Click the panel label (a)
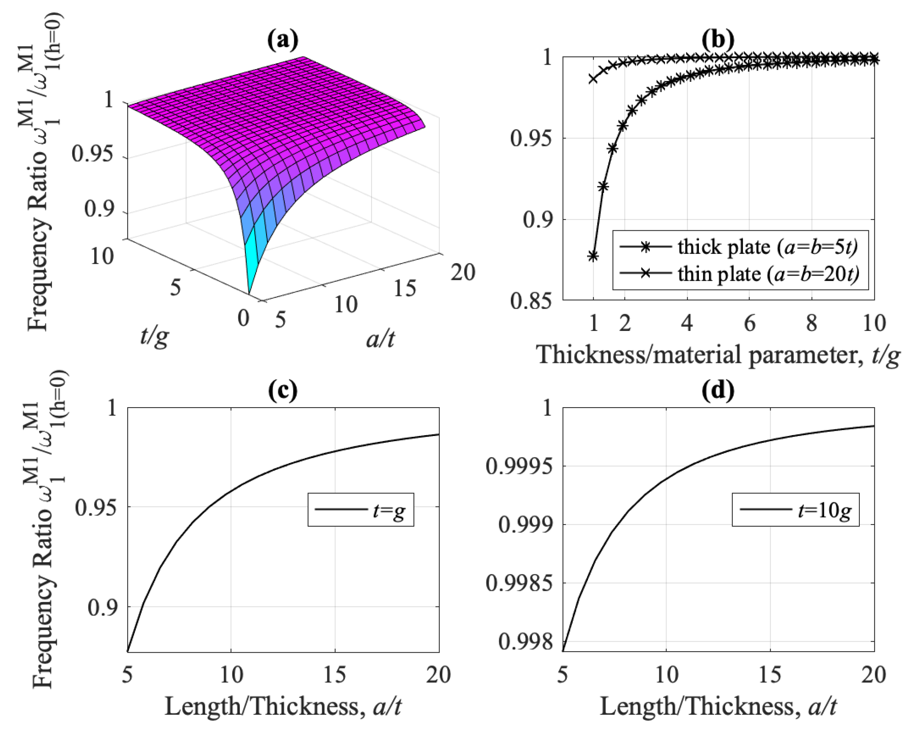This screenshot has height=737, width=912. coord(283,40)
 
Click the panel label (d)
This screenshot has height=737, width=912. coord(718,391)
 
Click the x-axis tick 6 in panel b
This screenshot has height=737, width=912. coord(750,323)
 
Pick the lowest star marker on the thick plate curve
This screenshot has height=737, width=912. coord(593,256)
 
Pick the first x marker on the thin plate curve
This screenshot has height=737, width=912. coord(593,79)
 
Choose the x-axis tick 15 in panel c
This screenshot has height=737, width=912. coord(335,675)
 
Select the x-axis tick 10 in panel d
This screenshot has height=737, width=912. coord(666,675)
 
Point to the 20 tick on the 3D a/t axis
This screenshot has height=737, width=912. coord(463,272)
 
